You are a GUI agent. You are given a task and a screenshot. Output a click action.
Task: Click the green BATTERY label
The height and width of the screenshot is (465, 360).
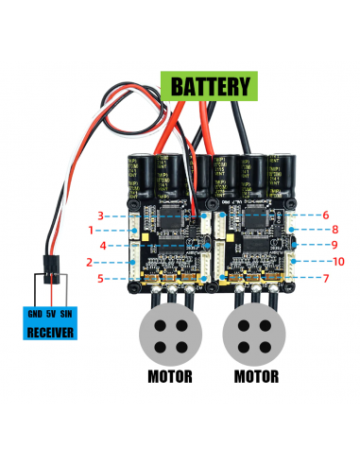tap(212, 86)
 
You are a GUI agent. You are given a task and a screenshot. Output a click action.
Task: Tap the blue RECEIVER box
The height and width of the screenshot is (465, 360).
tap(53, 321)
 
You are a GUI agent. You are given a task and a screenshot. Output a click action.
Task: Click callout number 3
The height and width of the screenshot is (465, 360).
tap(100, 215)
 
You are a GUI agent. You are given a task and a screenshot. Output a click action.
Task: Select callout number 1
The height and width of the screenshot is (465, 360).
tap(92, 230)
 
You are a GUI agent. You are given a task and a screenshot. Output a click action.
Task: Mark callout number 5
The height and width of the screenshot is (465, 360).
tap(100, 278)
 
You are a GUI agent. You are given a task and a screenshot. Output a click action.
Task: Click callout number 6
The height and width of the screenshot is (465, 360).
tap(325, 215)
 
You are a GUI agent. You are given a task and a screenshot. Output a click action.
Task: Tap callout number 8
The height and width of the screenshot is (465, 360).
tap(334, 230)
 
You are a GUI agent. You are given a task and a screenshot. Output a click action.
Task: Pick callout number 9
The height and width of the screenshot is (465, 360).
tap(334, 245)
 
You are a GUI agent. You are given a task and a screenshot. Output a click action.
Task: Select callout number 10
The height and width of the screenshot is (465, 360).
tap(338, 261)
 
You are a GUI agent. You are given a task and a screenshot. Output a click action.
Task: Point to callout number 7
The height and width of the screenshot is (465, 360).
tap(325, 278)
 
